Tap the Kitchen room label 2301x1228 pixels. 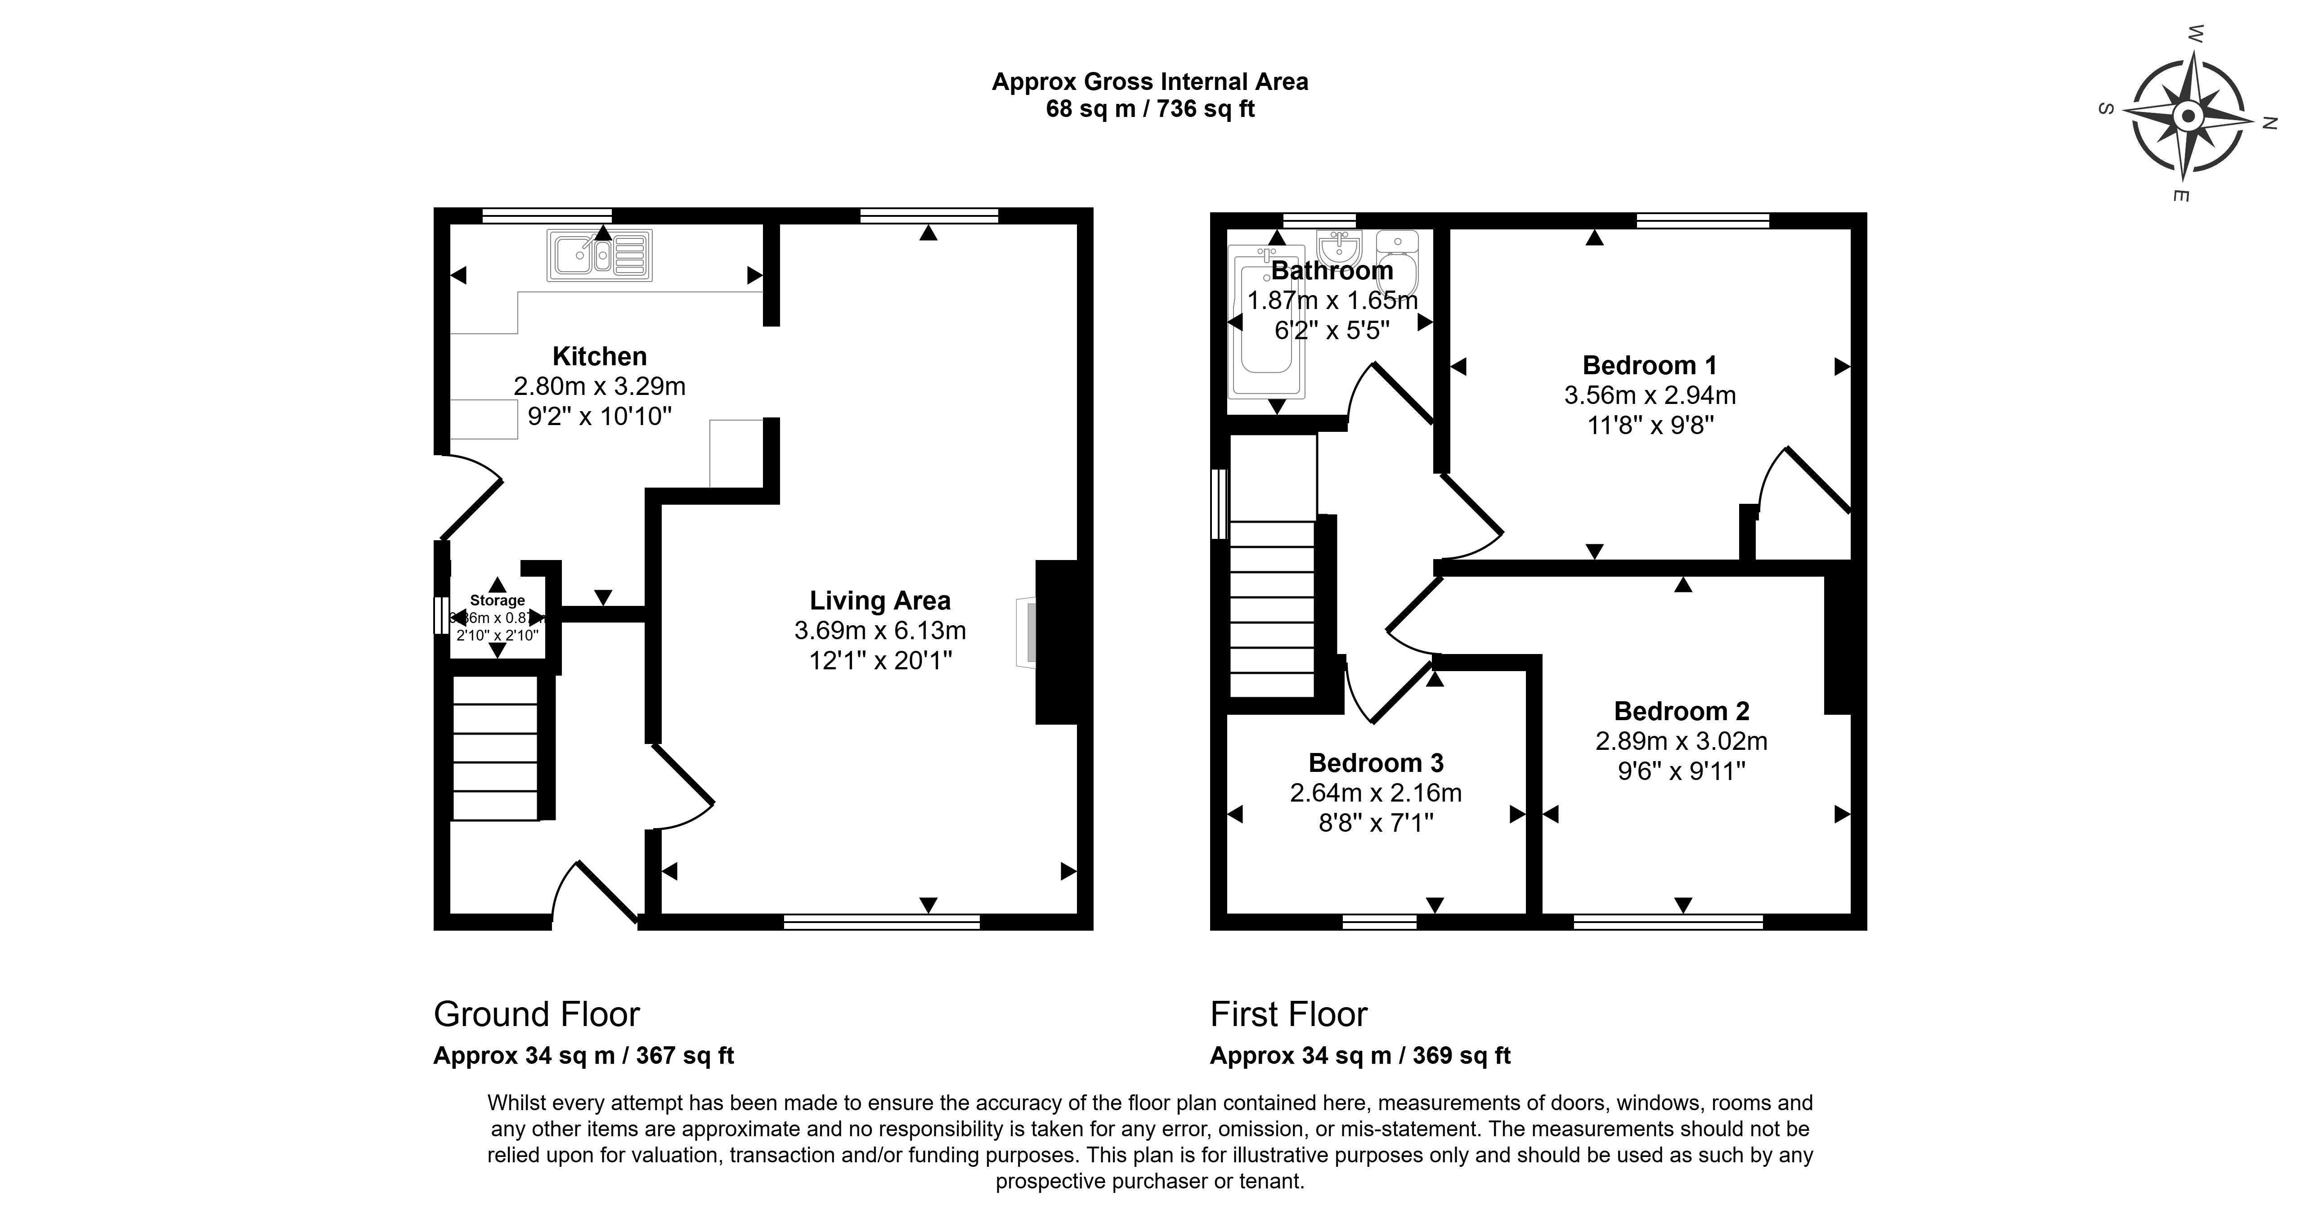click(599, 356)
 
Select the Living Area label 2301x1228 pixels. click(880, 601)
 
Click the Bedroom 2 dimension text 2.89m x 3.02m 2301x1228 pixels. click(1681, 741)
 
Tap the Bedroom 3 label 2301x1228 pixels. click(1376, 763)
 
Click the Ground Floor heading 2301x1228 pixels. click(537, 1014)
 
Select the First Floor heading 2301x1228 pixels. click(1288, 1014)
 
